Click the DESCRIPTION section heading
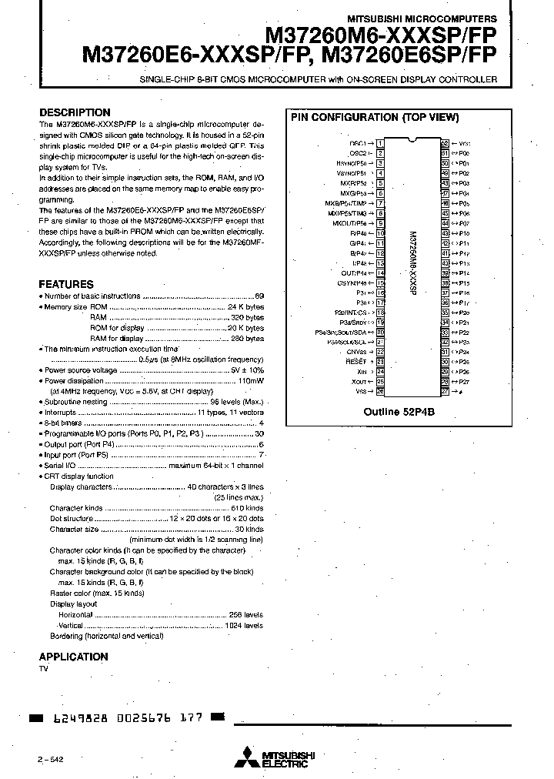[75, 112]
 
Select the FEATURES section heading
[66, 284]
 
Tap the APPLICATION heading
[73, 657]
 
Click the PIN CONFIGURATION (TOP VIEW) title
[374, 118]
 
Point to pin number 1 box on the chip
[380, 143]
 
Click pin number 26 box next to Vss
[380, 391]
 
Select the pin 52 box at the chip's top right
[445, 143]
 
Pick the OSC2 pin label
[359, 153]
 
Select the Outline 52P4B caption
[399, 412]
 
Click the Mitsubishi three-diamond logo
[246, 758]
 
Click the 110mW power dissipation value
[250, 380]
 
